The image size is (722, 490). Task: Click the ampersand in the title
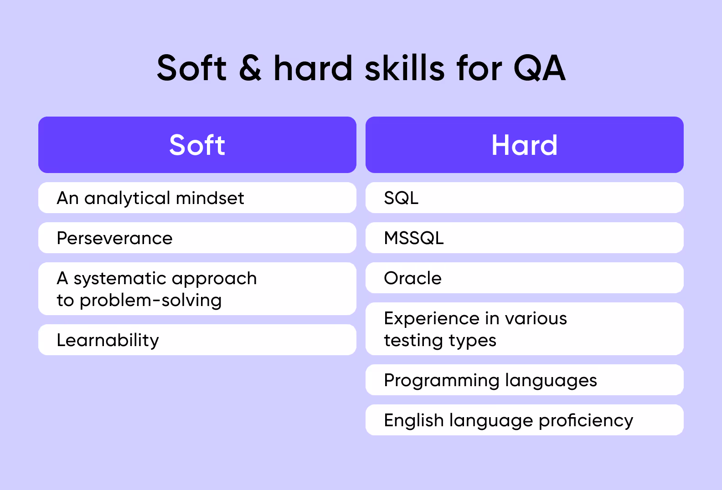coord(250,68)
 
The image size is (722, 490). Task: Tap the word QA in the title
coord(539,68)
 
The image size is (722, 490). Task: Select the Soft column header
coord(197,145)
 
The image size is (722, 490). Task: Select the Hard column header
coord(524,145)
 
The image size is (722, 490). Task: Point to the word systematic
coord(119,278)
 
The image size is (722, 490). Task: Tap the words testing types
coord(440,341)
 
